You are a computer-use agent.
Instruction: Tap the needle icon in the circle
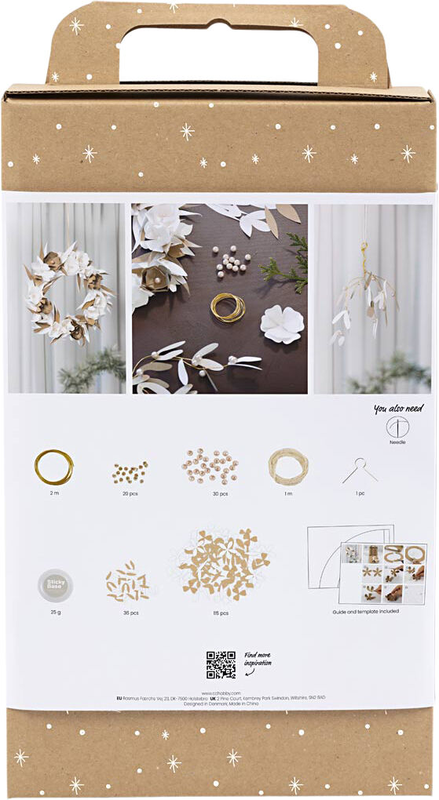(398, 427)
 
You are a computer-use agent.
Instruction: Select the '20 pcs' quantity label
(130, 493)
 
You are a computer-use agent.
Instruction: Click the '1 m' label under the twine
(288, 493)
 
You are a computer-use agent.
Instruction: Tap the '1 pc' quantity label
(360, 493)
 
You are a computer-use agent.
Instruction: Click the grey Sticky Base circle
(55, 584)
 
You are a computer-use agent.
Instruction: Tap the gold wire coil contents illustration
(53, 466)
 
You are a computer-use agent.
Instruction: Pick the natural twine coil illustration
(288, 466)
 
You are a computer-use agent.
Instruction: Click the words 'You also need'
(398, 409)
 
